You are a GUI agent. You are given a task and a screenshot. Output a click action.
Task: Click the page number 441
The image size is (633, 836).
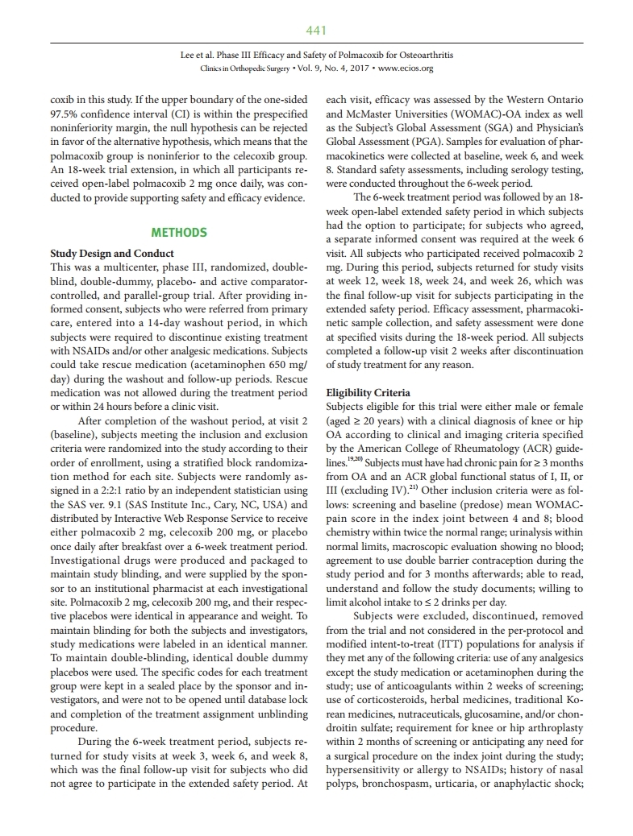point(316,31)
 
